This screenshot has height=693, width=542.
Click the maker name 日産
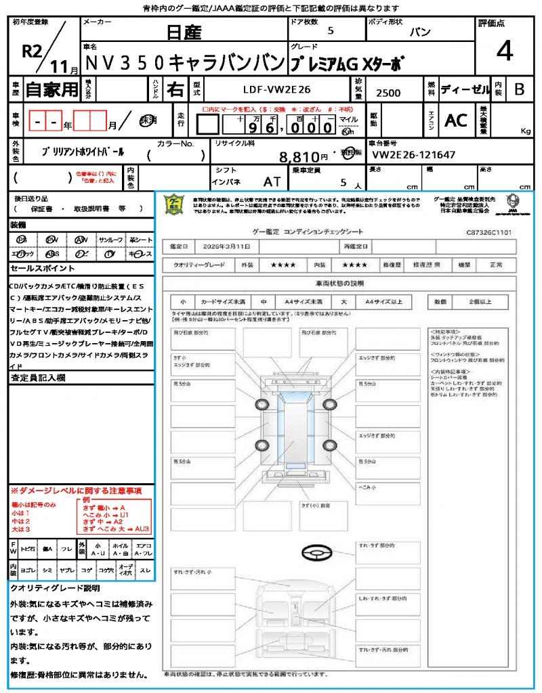click(x=183, y=31)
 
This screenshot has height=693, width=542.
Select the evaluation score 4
click(x=503, y=51)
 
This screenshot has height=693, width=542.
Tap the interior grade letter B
click(x=519, y=89)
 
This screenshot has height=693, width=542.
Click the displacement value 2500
click(x=388, y=93)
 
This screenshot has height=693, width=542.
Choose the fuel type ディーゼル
click(x=465, y=89)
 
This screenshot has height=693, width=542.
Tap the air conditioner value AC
click(x=456, y=120)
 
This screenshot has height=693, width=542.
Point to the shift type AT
click(x=272, y=181)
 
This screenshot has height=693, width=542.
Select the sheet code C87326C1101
click(x=488, y=231)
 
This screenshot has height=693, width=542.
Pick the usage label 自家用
click(x=52, y=89)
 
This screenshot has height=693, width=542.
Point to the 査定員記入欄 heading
click(x=38, y=378)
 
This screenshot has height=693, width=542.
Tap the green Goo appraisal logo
click(x=175, y=205)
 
